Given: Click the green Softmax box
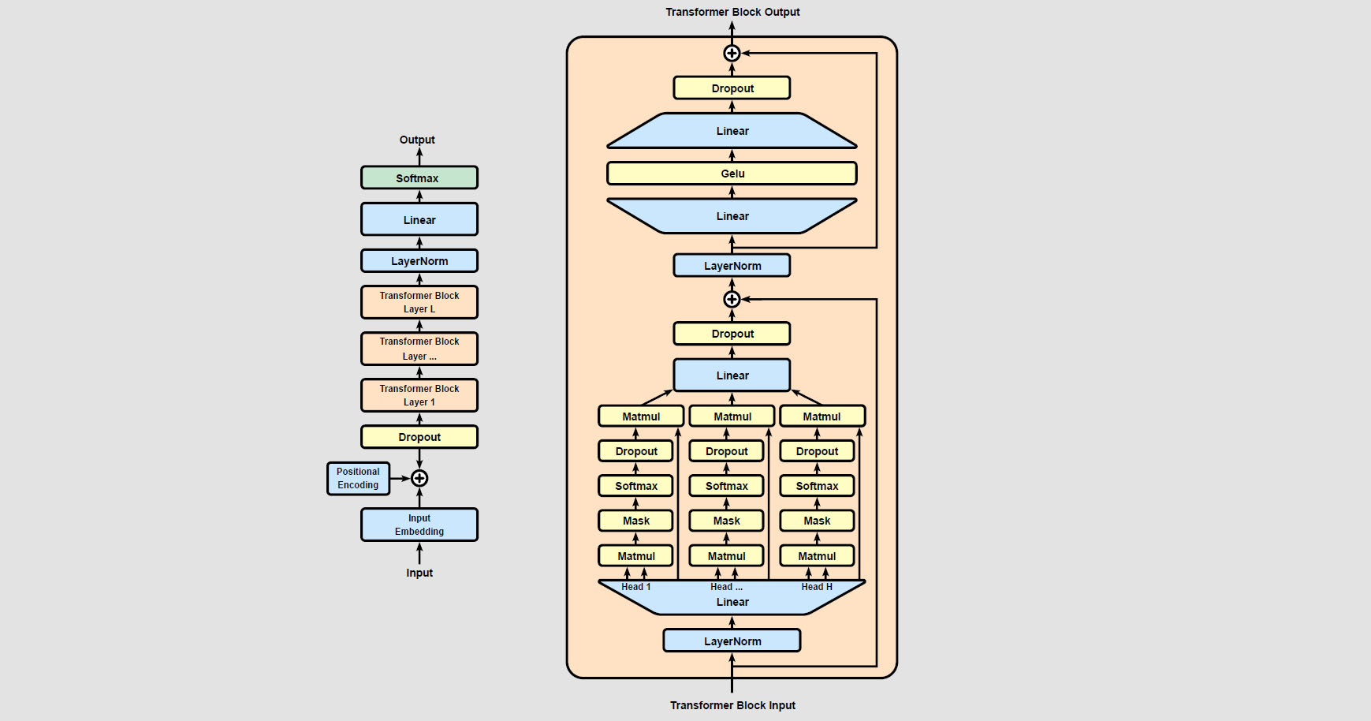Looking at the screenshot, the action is coord(419,177).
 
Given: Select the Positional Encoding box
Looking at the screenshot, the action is coord(359,479).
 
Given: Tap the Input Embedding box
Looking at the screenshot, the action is coord(419,525).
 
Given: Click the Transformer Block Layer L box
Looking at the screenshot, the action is coord(419,302).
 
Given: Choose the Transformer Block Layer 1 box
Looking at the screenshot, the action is coord(419,395).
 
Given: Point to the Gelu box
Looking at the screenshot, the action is coord(732,174).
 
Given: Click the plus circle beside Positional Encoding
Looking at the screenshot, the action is coord(419,478).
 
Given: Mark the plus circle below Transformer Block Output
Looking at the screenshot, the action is coord(732,53).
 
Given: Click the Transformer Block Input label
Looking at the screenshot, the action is coord(732,705).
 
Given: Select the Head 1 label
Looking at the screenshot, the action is coord(635,587).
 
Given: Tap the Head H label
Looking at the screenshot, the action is coord(817,587).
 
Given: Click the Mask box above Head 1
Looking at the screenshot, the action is coord(635,521).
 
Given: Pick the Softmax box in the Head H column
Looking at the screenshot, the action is coord(817,486).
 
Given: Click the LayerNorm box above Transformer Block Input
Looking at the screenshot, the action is coord(732,641).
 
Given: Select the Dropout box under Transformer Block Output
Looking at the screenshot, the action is coord(732,88).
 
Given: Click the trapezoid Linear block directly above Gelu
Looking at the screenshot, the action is coord(732,131).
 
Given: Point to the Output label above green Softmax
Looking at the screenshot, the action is coord(417,140).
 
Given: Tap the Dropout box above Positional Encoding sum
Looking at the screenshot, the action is coord(419,437).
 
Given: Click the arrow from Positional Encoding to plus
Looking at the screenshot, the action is coord(400,478).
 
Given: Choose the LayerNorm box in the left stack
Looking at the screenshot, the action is coord(419,261).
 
